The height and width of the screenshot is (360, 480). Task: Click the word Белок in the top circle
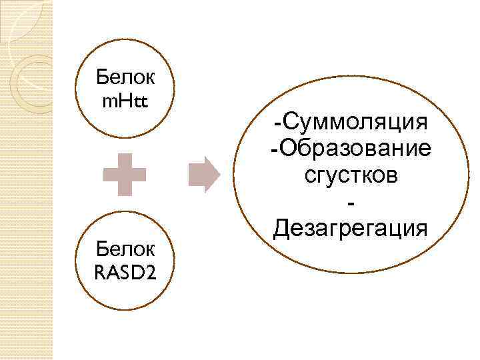(x=125, y=79)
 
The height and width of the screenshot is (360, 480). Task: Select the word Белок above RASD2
(x=125, y=250)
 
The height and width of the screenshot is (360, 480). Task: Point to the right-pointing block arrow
(x=204, y=175)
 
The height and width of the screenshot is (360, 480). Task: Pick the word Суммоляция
(x=355, y=122)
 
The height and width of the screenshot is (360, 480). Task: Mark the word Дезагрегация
(x=351, y=229)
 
